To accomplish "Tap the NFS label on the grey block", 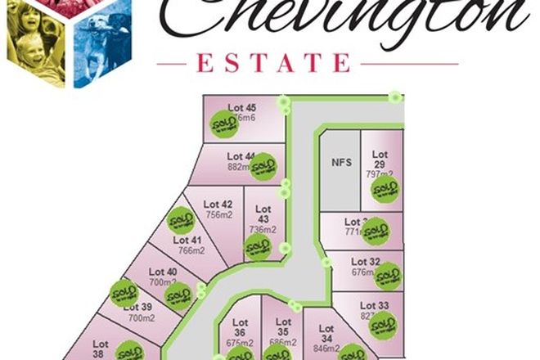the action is pos(341,162).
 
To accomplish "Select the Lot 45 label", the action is pos(242,107).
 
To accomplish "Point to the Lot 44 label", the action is pos(241,155).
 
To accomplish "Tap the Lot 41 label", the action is pos(187,240).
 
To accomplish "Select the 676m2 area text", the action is pos(363,272).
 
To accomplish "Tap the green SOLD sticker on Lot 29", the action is pos(384,190).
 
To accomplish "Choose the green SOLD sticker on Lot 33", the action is pos(382,325).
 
